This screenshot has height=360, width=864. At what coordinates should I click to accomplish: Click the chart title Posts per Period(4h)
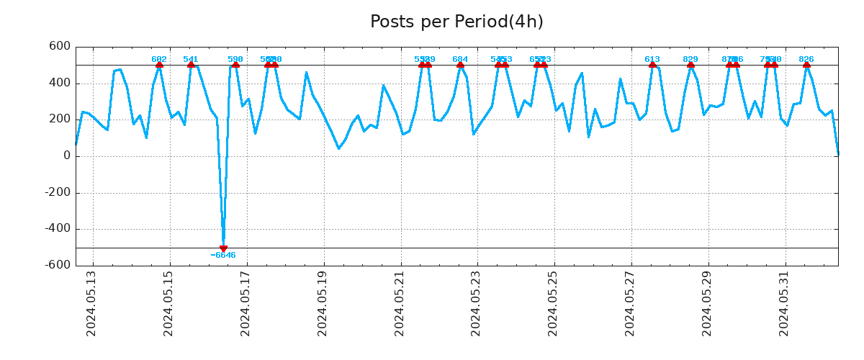(456, 22)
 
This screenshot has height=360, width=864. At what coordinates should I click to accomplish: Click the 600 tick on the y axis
(60, 46)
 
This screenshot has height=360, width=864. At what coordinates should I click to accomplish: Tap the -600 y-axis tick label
(58, 265)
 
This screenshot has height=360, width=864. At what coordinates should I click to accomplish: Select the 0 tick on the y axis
(67, 156)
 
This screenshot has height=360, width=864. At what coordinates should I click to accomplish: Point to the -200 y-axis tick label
(58, 192)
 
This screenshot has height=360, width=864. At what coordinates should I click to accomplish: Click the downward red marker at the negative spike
(223, 248)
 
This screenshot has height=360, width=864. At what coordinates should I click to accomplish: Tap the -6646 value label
(223, 256)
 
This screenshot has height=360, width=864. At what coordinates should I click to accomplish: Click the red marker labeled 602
(159, 64)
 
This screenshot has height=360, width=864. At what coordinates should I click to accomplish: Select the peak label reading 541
(191, 59)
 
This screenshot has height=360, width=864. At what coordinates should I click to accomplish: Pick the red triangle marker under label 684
(460, 64)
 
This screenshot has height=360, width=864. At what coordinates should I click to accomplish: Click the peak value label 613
(652, 59)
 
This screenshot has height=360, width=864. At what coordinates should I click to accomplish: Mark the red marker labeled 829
(690, 64)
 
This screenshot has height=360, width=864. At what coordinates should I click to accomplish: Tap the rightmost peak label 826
(806, 59)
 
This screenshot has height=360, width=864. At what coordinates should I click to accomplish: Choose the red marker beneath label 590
(235, 64)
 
